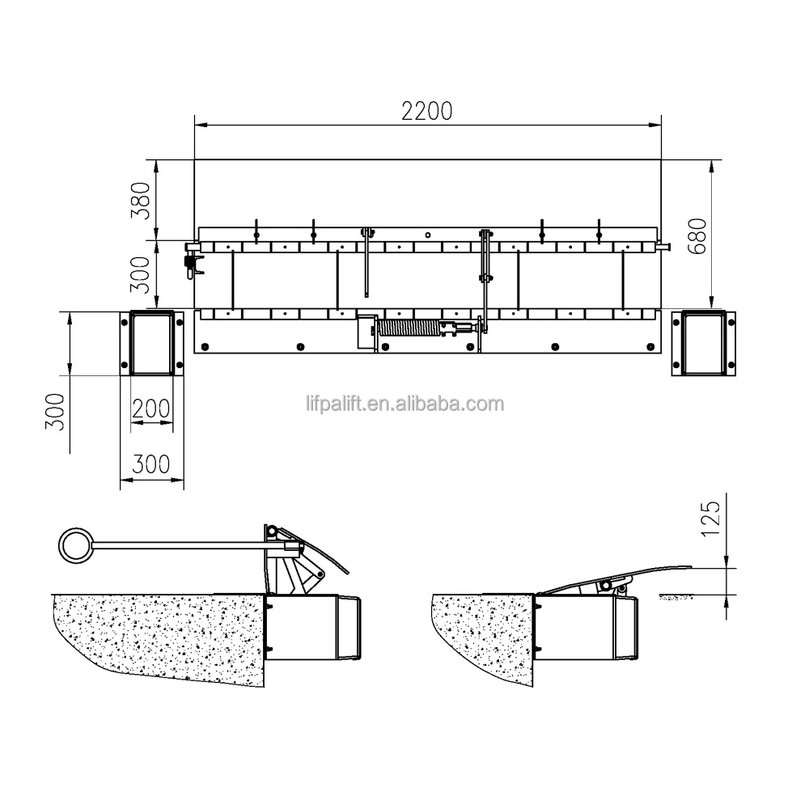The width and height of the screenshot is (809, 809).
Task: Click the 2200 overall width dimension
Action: coord(427,111)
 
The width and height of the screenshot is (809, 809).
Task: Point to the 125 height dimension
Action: coord(710,518)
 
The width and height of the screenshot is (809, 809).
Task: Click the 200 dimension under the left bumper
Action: coord(151,408)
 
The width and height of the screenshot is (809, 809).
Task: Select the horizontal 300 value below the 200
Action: coord(151,464)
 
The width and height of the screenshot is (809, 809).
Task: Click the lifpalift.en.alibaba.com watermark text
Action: coord(404,402)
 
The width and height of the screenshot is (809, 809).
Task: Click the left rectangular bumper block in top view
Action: coord(151,343)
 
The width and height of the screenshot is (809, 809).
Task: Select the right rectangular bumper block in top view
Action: coord(705,343)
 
